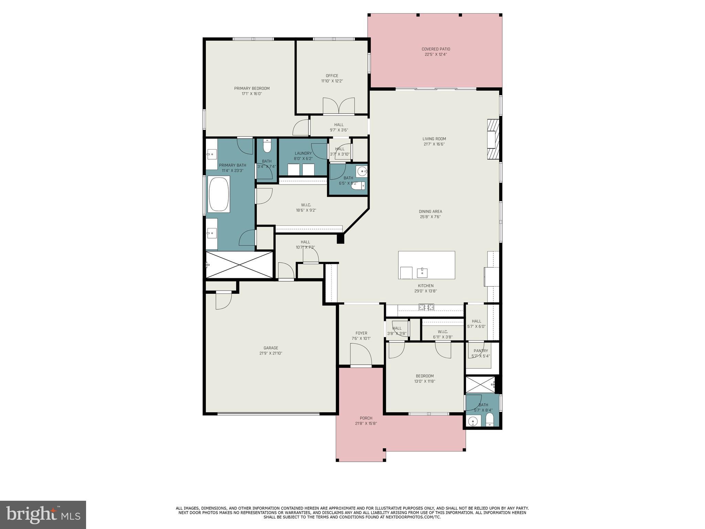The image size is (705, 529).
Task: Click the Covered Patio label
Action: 435,49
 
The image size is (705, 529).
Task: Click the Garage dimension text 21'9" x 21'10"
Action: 271,353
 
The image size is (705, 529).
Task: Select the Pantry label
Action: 481,351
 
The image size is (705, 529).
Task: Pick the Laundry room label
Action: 303,154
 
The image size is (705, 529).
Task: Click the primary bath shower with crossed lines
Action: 239,264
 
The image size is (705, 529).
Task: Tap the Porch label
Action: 366,418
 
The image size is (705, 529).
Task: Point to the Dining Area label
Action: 430,211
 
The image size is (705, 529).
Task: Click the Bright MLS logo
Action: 43,515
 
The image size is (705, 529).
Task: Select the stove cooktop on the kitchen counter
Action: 426,307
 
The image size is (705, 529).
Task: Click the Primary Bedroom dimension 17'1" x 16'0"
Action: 252,94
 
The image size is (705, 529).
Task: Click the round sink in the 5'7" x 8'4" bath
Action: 474,421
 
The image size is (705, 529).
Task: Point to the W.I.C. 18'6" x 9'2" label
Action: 306,205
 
